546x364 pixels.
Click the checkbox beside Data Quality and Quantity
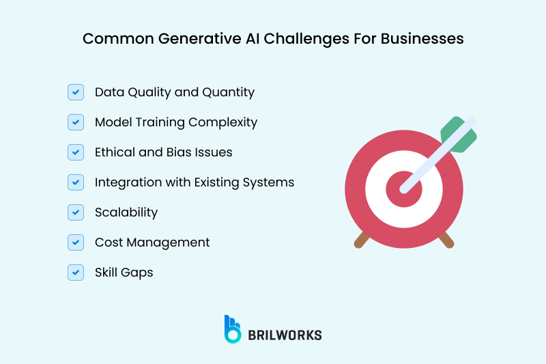(x=76, y=92)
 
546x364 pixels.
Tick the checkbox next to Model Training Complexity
(x=76, y=122)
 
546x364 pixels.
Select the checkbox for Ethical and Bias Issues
(x=76, y=152)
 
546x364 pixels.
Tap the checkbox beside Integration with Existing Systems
(x=76, y=182)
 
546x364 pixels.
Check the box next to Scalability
(x=76, y=212)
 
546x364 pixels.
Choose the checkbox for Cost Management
(x=76, y=242)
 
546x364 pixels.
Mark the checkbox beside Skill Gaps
(x=76, y=272)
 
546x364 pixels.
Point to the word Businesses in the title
(x=421, y=39)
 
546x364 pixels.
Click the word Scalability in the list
(x=126, y=212)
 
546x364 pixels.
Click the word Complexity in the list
(x=225, y=122)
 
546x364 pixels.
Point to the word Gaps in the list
(x=138, y=272)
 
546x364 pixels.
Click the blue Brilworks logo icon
(x=232, y=328)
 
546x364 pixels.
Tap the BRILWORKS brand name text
(x=285, y=335)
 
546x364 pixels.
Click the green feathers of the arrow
(x=458, y=134)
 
